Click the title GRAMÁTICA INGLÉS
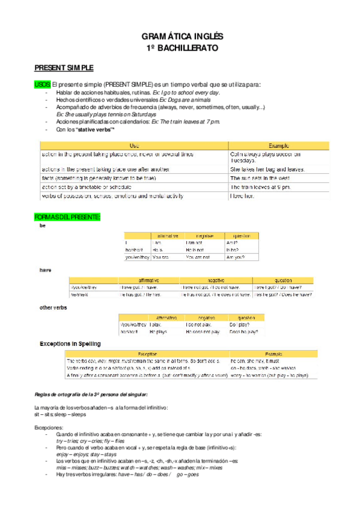pos(180,36)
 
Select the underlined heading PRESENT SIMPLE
pos(63,68)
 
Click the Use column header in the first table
pos(134,146)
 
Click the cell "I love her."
pos(243,196)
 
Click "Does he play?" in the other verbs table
pos(243,331)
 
